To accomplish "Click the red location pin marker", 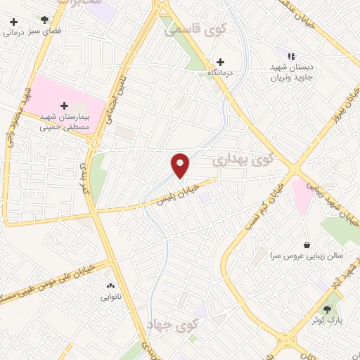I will pyautogui.click(x=181, y=166).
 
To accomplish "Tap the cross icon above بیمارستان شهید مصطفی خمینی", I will pyautogui.click(x=65, y=105).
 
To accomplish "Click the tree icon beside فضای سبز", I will pyautogui.click(x=44, y=20).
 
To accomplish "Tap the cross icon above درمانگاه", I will pyautogui.click(x=221, y=62).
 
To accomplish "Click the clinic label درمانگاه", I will pyautogui.click(x=221, y=72).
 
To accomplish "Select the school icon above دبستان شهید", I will pyautogui.click(x=290, y=56).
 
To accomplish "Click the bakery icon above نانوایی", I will pyautogui.click(x=110, y=286).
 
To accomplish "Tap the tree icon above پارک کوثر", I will pyautogui.click(x=327, y=309).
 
